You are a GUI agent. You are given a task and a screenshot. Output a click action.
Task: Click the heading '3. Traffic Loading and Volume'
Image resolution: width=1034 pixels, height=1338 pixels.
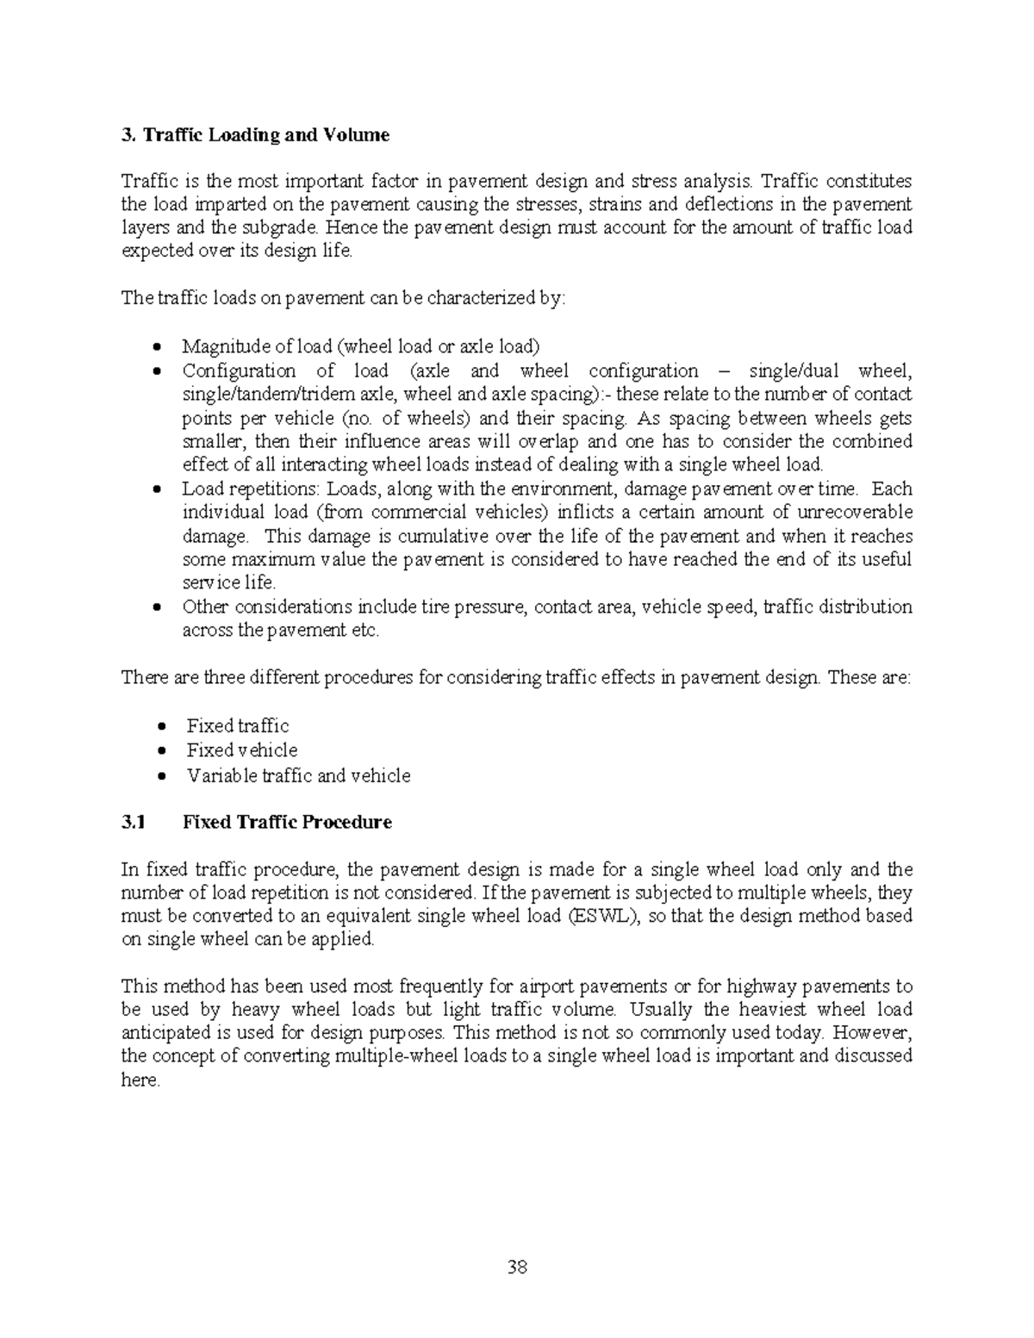pos(255,135)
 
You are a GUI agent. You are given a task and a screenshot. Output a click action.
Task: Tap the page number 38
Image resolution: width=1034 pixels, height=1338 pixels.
pos(517,1266)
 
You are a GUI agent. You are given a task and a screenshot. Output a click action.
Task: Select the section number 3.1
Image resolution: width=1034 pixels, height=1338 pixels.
pos(134,822)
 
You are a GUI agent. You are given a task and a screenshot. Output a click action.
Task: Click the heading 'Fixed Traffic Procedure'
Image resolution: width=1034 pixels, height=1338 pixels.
pos(287,822)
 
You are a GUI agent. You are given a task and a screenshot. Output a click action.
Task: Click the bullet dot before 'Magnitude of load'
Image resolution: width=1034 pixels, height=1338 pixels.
pos(156,347)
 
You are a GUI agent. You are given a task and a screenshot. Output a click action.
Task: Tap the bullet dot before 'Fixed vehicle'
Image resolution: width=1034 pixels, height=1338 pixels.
pos(161,751)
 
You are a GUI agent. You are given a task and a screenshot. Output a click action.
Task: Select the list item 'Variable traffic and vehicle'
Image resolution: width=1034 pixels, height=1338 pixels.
pos(298,775)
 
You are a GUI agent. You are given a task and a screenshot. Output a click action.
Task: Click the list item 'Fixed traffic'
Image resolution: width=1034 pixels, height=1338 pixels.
pos(238,726)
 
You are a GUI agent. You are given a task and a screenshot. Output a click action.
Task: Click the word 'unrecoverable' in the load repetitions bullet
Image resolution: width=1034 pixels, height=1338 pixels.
pos(851,513)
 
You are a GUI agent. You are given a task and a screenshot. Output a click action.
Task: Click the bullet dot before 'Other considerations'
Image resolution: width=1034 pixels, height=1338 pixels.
pos(156,607)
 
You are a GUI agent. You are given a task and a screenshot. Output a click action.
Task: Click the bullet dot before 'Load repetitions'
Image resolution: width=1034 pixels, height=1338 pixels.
pos(156,489)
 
